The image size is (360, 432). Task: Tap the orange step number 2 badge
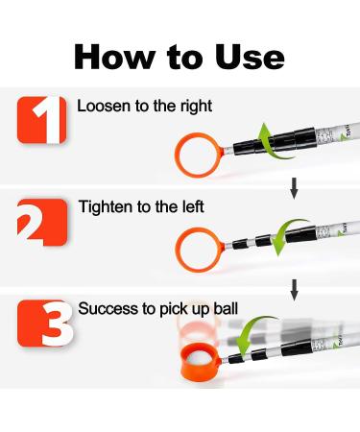pos(40,221)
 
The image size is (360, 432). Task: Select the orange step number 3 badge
pos(44,323)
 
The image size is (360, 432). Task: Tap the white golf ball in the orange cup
pos(200,352)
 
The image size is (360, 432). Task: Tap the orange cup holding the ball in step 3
pos(200,365)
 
